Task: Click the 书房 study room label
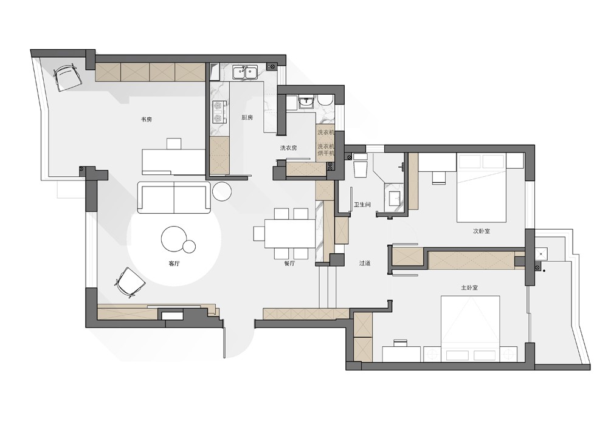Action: pyautogui.click(x=146, y=119)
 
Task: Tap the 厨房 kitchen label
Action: pyautogui.click(x=247, y=117)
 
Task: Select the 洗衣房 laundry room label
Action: pyautogui.click(x=288, y=148)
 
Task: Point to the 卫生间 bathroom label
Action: pyautogui.click(x=362, y=204)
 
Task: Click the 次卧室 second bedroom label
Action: pyautogui.click(x=481, y=231)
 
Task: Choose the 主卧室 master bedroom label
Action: pyautogui.click(x=469, y=288)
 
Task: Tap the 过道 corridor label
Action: pyautogui.click(x=364, y=263)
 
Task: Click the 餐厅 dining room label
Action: pyautogui.click(x=289, y=264)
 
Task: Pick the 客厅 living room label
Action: pyautogui.click(x=174, y=264)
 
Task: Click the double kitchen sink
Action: pyautogui.click(x=244, y=72)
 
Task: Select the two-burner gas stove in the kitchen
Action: pyautogui.click(x=219, y=112)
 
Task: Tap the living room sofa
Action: pyautogui.click(x=174, y=197)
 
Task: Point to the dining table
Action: pyautogui.click(x=289, y=233)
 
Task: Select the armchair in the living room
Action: pyautogui.click(x=130, y=282)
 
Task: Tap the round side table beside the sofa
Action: pyautogui.click(x=222, y=191)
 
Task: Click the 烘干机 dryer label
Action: pyautogui.click(x=326, y=154)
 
